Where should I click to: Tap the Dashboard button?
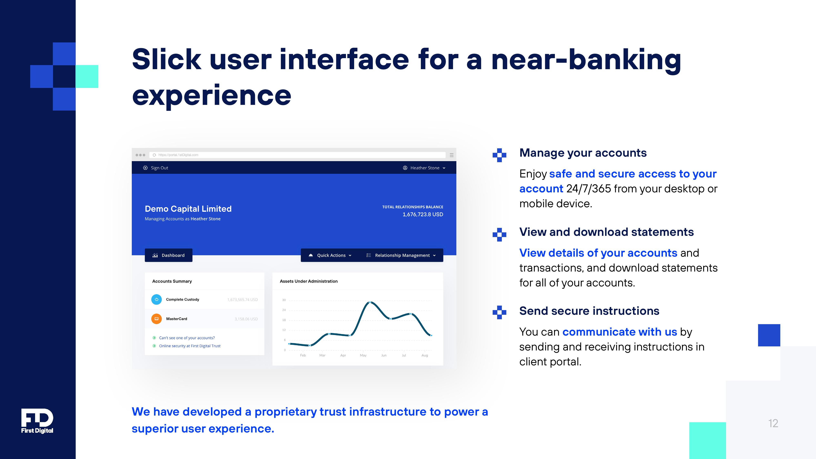pyautogui.click(x=169, y=255)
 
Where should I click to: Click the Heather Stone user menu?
pyautogui.click(x=424, y=168)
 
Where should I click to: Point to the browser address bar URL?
pyautogui.click(x=178, y=155)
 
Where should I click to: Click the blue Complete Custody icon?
pyautogui.click(x=156, y=299)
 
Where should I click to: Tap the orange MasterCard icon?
pyautogui.click(x=156, y=319)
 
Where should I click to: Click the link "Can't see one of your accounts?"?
pyautogui.click(x=187, y=338)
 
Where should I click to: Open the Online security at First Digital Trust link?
pyautogui.click(x=190, y=346)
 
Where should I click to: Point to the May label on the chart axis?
pyautogui.click(x=363, y=355)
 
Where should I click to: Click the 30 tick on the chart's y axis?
pyautogui.click(x=284, y=300)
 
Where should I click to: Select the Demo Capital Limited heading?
pyautogui.click(x=188, y=209)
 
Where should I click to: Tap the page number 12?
pyautogui.click(x=773, y=424)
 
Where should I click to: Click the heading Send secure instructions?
pyautogui.click(x=589, y=311)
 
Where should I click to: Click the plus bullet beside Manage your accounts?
pyautogui.click(x=500, y=155)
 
